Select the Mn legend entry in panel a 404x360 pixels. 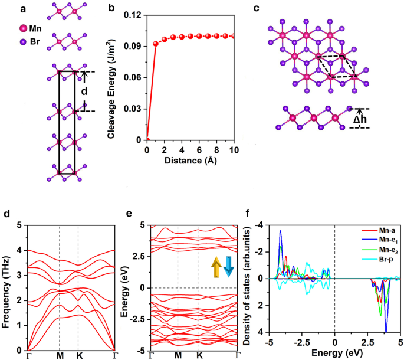point(34,29)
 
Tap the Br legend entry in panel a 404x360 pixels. point(34,42)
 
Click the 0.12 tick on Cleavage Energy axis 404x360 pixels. point(136,15)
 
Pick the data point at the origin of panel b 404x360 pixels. point(147,140)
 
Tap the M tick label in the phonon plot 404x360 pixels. point(60,355)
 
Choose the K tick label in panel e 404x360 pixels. point(199,355)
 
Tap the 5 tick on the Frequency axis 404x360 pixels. point(20,225)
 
